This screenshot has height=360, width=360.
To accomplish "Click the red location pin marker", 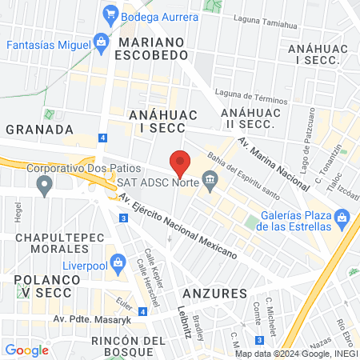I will click(180, 162).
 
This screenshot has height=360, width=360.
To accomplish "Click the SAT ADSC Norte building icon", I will click(210, 178).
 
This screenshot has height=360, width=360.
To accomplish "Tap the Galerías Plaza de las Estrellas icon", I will click(342, 217).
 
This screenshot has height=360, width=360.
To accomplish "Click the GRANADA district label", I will click(39, 128).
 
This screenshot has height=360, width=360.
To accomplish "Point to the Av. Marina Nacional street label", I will click(274, 164).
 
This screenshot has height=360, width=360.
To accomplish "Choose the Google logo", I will click(26, 350).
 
